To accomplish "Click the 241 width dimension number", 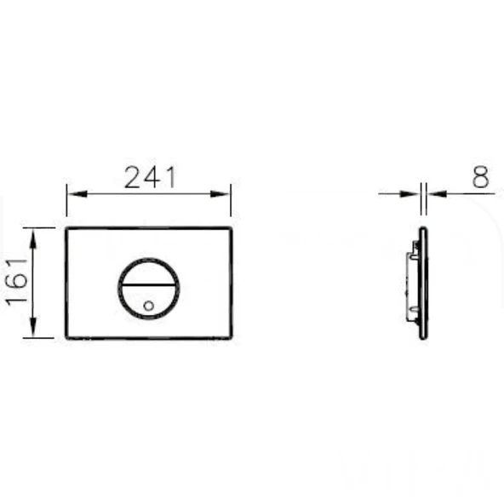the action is click(151, 177).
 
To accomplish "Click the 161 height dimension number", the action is click(16, 282).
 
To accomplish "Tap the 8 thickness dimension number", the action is click(480, 177).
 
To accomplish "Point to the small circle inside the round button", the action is click(148, 306).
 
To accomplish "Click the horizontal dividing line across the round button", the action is click(148, 285).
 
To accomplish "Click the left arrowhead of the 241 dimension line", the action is click(77, 194).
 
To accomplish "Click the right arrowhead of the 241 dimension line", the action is click(220, 194).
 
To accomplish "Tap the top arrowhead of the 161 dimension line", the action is click(33, 238).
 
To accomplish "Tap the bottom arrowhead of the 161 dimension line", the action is click(33, 327).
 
